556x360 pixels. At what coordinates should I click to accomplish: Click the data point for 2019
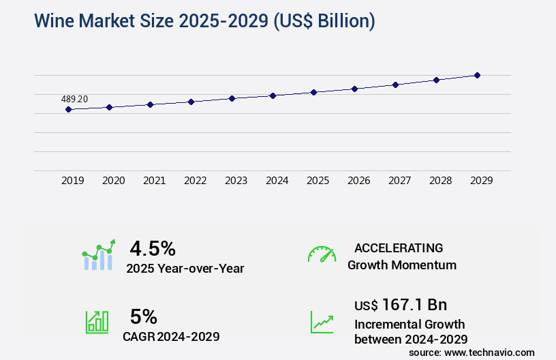pyautogui.click(x=68, y=109)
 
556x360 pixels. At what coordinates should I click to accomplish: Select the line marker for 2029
pyautogui.click(x=477, y=75)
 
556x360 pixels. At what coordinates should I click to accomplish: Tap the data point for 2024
pyautogui.click(x=273, y=95)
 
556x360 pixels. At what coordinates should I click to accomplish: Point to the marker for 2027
pyautogui.click(x=395, y=85)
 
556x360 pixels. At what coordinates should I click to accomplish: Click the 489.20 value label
pyautogui.click(x=74, y=99)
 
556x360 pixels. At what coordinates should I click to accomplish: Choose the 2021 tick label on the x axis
pyautogui.click(x=154, y=181)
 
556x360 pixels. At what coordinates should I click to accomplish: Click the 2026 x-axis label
pyautogui.click(x=358, y=181)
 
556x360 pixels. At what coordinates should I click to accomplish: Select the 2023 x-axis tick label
pyautogui.click(x=236, y=181)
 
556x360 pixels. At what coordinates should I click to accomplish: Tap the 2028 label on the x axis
pyautogui.click(x=440, y=181)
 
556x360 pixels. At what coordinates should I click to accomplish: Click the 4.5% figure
pyautogui.click(x=153, y=247)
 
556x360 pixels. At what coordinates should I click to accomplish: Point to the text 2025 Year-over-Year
pyautogui.click(x=185, y=269)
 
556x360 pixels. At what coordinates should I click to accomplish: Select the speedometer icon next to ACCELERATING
pyautogui.click(x=322, y=254)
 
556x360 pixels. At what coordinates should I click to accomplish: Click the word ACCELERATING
pyautogui.click(x=399, y=247)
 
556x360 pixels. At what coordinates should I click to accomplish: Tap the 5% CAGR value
pyautogui.click(x=144, y=316)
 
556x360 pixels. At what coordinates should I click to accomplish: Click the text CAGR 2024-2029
pyautogui.click(x=171, y=336)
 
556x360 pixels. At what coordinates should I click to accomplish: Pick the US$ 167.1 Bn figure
pyautogui.click(x=401, y=304)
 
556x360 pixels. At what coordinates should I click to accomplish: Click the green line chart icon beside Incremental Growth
pyautogui.click(x=322, y=322)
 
